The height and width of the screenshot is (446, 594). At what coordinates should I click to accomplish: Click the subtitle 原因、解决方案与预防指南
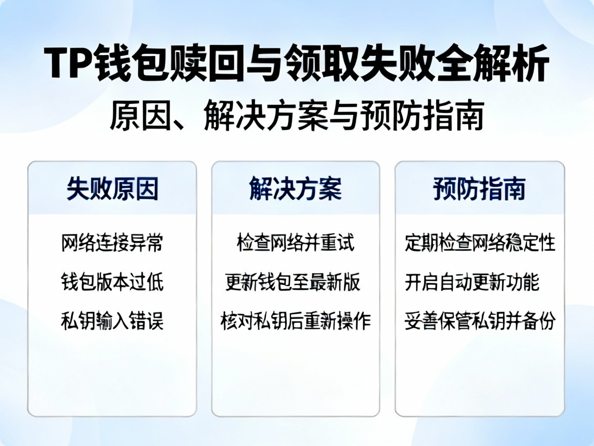pyautogui.click(x=296, y=117)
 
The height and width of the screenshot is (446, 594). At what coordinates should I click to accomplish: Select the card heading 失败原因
pyautogui.click(x=112, y=189)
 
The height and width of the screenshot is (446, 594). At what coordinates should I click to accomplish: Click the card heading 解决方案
pyautogui.click(x=295, y=189)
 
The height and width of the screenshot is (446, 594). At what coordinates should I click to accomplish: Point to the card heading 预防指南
pyautogui.click(x=480, y=189)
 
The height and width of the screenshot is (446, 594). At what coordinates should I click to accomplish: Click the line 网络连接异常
pyautogui.click(x=112, y=243)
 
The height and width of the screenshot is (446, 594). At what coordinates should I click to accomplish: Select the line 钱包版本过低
pyautogui.click(x=112, y=282)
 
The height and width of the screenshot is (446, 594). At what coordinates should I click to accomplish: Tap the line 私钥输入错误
pyautogui.click(x=112, y=322)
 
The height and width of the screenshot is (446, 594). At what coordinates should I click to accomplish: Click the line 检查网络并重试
pyautogui.click(x=295, y=243)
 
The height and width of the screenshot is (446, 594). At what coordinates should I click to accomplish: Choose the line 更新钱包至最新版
pyautogui.click(x=293, y=282)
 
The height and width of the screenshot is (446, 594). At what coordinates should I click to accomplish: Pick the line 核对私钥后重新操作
pyautogui.click(x=295, y=322)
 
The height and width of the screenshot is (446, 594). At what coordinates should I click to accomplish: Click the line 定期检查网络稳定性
pyautogui.click(x=480, y=243)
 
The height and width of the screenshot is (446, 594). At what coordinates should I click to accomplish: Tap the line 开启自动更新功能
pyautogui.click(x=472, y=282)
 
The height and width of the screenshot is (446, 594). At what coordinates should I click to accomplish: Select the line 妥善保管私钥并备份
pyautogui.click(x=480, y=322)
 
